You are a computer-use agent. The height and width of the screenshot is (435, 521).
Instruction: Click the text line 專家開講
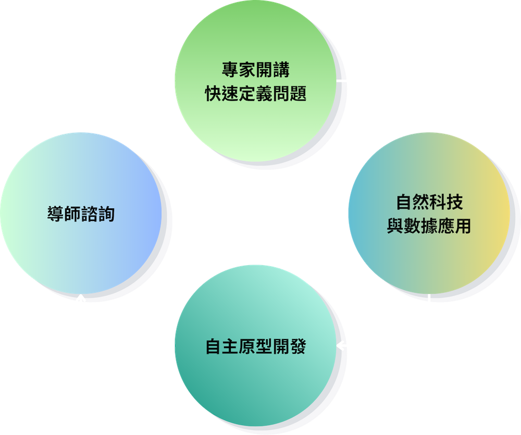click(x=255, y=69)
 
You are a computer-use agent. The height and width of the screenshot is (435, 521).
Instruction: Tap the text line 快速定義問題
click(x=255, y=93)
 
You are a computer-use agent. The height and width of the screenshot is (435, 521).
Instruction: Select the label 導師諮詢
click(x=81, y=214)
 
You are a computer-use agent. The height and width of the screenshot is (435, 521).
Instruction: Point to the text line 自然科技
click(x=429, y=202)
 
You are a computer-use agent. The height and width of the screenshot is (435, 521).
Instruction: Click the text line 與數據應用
click(x=429, y=226)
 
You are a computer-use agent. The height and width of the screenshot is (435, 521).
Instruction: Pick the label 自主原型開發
click(x=255, y=346)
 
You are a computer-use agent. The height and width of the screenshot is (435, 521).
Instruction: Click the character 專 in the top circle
click(x=230, y=69)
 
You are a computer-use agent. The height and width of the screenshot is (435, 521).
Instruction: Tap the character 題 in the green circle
click(x=298, y=93)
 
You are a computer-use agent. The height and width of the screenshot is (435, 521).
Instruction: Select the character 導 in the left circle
click(x=56, y=214)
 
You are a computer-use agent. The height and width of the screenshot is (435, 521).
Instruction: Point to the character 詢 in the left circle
click(x=106, y=214)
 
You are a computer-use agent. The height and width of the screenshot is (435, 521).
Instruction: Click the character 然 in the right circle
click(x=421, y=202)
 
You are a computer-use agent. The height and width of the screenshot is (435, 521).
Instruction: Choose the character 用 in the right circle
click(x=463, y=226)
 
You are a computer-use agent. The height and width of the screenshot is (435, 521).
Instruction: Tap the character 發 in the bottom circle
click(x=298, y=346)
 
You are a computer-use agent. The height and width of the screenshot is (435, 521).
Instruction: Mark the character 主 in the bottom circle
click(x=230, y=346)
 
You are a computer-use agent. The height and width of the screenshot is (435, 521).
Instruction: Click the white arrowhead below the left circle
click(x=80, y=298)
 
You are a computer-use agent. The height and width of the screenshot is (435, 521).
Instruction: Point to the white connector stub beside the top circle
click(x=341, y=80)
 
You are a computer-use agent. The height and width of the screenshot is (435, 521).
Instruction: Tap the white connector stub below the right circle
click(x=429, y=298)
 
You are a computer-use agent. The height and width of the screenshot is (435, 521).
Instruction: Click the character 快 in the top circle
click(x=213, y=93)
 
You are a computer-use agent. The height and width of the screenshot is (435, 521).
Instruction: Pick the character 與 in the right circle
click(x=395, y=226)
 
